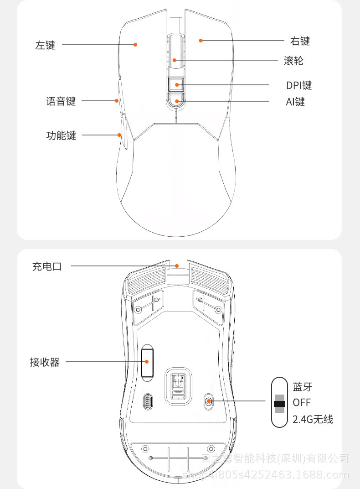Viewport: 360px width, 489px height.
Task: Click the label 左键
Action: [x=45, y=45]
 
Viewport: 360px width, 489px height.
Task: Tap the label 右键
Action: [x=300, y=42]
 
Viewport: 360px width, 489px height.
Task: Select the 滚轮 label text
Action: [x=293, y=61]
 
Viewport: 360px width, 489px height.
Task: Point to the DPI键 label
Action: [x=299, y=85]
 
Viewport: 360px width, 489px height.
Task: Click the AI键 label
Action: [x=295, y=102]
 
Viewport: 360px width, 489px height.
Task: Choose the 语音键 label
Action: [x=61, y=101]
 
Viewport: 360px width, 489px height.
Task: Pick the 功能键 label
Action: [x=61, y=135]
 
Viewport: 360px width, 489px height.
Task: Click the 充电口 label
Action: [x=46, y=266]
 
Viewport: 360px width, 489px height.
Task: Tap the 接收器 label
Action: [x=45, y=363]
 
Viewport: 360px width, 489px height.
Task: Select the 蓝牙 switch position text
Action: [x=303, y=387]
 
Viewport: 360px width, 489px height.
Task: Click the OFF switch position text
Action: [x=302, y=403]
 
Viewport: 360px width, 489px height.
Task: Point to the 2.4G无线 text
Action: [x=313, y=419]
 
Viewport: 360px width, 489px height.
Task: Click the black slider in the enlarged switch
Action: [x=279, y=404]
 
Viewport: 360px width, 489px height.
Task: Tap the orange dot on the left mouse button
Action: [x=135, y=45]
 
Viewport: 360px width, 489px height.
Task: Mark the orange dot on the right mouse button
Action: [x=201, y=41]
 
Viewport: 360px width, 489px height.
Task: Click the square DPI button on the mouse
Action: [x=176, y=84]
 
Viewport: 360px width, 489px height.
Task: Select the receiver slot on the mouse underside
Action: [x=147, y=362]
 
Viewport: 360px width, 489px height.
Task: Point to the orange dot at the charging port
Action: [x=177, y=265]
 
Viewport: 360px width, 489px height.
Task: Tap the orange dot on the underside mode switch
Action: [x=209, y=401]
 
